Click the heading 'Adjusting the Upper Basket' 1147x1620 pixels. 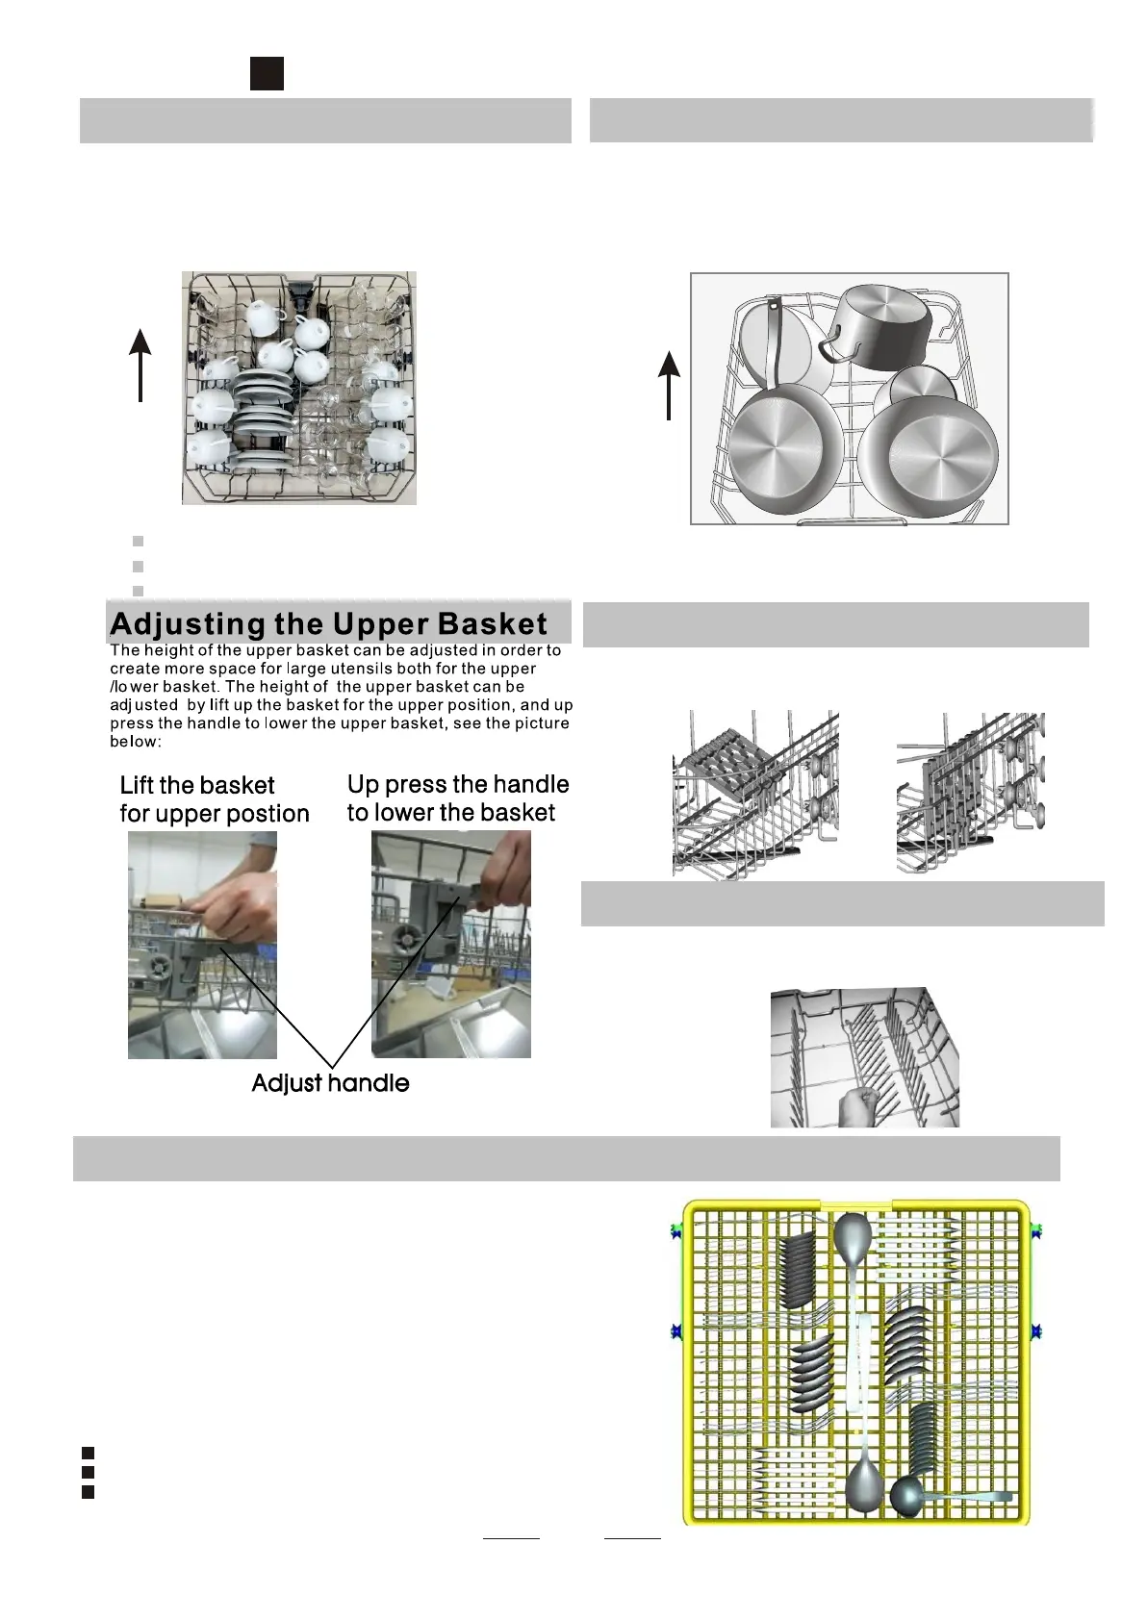tap(328, 623)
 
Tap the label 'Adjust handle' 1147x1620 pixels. tap(330, 1083)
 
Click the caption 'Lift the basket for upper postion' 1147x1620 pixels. tap(214, 799)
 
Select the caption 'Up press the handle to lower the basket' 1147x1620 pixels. tap(458, 798)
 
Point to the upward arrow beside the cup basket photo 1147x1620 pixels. tap(141, 365)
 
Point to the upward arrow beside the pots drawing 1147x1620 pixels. tap(669, 385)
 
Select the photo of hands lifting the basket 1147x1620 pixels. tap(202, 945)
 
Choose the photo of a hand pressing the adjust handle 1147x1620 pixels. tap(450, 945)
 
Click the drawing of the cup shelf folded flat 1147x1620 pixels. tap(754, 793)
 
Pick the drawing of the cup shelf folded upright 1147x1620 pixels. tap(970, 793)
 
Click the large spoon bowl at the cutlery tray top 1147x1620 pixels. tap(853, 1236)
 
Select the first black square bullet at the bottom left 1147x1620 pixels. tap(88, 1453)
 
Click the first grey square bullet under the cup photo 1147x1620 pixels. tap(138, 542)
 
